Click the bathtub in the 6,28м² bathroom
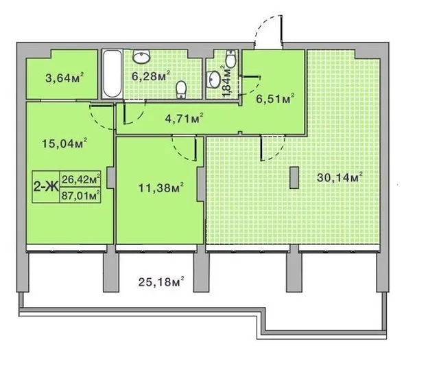[112, 74]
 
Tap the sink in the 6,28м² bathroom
[142, 56]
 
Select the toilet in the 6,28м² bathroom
[181, 89]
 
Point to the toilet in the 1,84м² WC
[230, 58]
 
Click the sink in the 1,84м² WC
[213, 79]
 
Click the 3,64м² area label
[64, 78]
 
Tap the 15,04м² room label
[64, 144]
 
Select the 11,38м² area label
[161, 187]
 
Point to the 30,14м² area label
[340, 177]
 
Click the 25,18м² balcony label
[161, 282]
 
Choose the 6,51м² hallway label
[275, 99]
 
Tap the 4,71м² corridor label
[184, 119]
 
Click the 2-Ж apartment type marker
[45, 187]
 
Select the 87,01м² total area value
[81, 195]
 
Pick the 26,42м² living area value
[81, 179]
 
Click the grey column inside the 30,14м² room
[294, 178]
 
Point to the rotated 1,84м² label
[228, 81]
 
